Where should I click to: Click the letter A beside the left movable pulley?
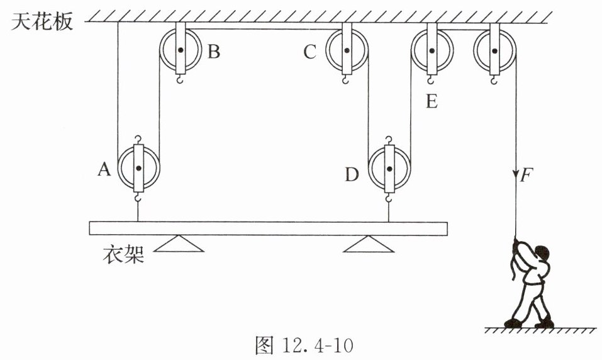(104, 169)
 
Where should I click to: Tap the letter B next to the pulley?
(214, 51)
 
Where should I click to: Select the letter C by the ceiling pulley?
(310, 52)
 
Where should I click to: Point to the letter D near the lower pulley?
(352, 174)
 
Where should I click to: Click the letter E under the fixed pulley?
(432, 101)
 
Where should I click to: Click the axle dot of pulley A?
(138, 168)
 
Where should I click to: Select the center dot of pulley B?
(180, 50)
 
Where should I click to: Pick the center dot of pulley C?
(347, 50)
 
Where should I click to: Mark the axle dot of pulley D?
(389, 169)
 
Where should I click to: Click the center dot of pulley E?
(432, 50)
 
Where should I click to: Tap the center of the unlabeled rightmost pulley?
(494, 50)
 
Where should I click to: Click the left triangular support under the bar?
(179, 244)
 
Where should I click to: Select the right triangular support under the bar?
(368, 244)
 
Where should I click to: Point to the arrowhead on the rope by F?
(516, 175)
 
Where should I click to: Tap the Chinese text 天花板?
(42, 21)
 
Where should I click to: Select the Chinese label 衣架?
(123, 254)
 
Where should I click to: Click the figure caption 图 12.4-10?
(304, 345)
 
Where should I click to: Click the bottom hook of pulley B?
(180, 79)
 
